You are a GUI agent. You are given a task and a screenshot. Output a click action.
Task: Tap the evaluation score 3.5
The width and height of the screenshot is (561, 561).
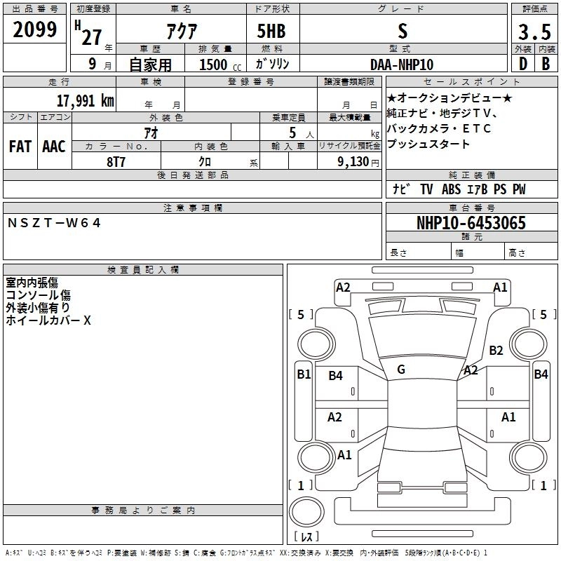pyautogui.click(x=533, y=31)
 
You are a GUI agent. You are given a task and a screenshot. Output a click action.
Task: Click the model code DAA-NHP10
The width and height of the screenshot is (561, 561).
pyautogui.click(x=402, y=64)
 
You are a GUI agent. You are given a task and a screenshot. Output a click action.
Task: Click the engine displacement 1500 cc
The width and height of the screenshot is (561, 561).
pyautogui.click(x=219, y=65)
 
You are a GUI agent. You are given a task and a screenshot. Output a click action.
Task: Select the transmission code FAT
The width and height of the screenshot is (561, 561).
pyautogui.click(x=20, y=147)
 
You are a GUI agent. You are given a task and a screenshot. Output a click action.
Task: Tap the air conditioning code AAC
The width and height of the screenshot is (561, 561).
pyautogui.click(x=53, y=147)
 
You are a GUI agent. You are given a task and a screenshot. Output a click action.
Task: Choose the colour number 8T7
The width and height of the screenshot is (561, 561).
pyautogui.click(x=116, y=162)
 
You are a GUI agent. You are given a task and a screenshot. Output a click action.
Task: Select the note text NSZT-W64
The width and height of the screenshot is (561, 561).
pyautogui.click(x=55, y=223)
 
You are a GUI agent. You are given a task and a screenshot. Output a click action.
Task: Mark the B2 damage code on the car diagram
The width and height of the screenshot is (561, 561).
pyautogui.click(x=496, y=350)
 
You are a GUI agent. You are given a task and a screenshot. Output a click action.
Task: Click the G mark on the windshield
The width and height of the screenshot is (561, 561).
pyautogui.click(x=400, y=369)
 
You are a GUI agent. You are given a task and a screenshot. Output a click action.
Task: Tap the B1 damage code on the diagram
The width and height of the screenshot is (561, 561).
pyautogui.click(x=303, y=374)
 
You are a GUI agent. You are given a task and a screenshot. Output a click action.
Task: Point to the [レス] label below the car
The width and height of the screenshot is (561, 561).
pyautogui.click(x=306, y=536)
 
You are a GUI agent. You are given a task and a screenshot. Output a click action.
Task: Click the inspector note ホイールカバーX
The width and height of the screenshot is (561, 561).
pyautogui.click(x=48, y=320)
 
